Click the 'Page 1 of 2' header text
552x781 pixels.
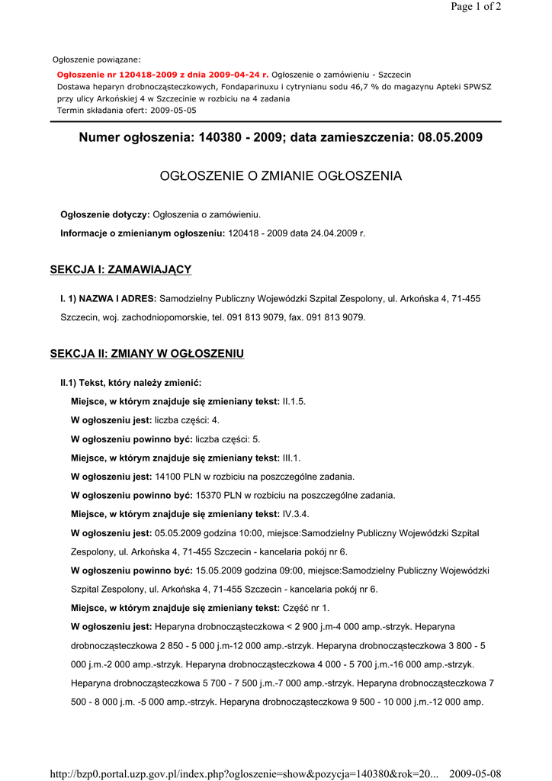(476, 7)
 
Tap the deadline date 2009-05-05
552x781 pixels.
(173, 110)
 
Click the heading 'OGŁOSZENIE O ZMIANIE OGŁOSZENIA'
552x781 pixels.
(281, 176)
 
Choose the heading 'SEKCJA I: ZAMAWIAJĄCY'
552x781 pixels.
(120, 269)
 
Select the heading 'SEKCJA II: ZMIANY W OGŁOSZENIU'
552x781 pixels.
(146, 354)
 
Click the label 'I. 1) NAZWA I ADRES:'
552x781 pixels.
(108, 299)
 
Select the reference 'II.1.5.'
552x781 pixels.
(294, 401)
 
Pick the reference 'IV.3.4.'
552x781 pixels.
(296, 514)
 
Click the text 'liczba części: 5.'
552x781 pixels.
(228, 439)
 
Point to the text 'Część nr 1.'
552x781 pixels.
(306, 608)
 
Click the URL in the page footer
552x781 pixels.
(244, 774)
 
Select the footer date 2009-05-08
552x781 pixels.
(475, 774)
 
